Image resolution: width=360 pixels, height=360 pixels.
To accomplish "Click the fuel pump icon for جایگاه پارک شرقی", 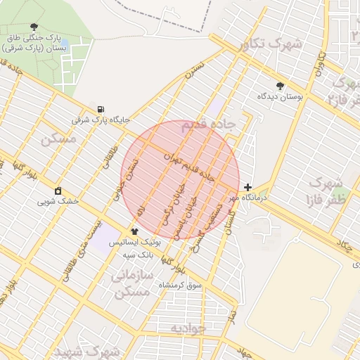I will coord(102,110).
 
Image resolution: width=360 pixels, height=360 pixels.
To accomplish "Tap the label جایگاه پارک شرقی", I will coord(101,120).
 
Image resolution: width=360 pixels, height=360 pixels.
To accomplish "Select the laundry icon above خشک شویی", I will coord(58,191).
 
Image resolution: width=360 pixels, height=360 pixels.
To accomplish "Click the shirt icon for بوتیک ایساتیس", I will coord(134,231).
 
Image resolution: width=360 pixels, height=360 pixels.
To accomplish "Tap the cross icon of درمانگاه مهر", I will coord(247,187).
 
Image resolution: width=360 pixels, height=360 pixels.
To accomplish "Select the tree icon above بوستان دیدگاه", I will coord(281,86).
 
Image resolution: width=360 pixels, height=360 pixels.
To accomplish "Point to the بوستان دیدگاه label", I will coord(279,96).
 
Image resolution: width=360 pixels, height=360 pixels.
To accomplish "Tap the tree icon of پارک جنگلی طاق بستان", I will coord(34,26).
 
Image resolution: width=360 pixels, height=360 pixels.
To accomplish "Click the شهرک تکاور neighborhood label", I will coord(270,45).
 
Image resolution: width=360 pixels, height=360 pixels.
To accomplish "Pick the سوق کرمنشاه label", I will coord(180,285).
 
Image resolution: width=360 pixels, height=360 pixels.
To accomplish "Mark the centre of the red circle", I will coord(180,180).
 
